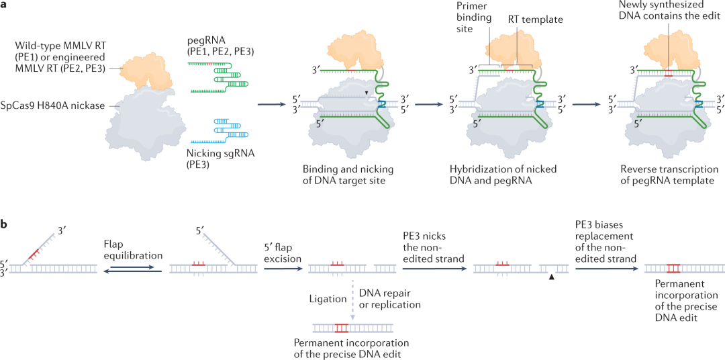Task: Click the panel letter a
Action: tap(6, 6)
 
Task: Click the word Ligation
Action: tap(328, 299)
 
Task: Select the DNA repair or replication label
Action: tap(390, 299)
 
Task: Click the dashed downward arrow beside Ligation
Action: tap(353, 300)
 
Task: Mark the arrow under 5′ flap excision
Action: tap(281, 269)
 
